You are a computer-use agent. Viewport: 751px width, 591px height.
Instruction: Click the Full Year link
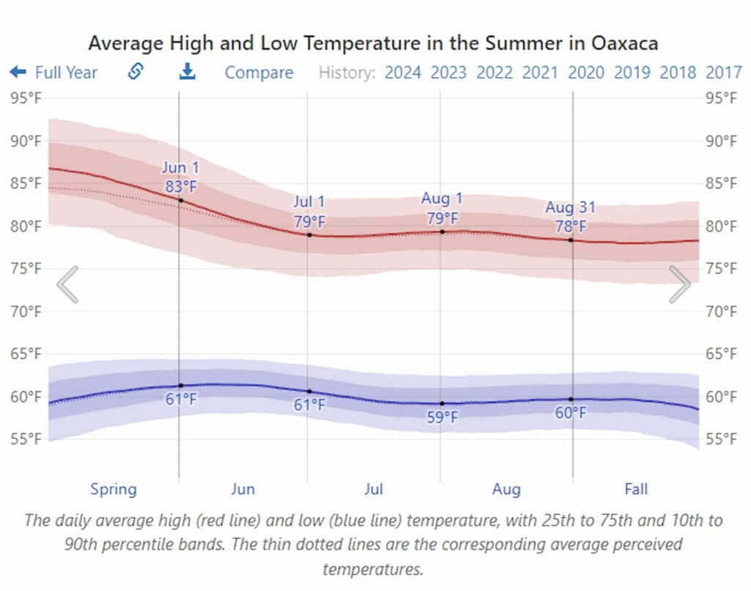coord(54,73)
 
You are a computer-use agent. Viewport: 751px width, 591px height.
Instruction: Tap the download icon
coord(188,72)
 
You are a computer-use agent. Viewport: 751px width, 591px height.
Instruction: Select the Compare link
coord(259,73)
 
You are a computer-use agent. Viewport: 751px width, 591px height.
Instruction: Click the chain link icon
coord(135,72)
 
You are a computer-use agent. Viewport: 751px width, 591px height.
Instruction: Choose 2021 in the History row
coord(540,73)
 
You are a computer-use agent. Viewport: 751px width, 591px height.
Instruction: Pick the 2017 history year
coord(723,73)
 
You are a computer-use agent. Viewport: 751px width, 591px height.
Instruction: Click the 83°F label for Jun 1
coord(180,186)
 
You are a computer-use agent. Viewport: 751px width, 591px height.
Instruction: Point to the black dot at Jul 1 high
coord(309,235)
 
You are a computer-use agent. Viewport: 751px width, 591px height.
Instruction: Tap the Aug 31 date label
coord(571,208)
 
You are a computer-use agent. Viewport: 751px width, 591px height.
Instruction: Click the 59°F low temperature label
coord(443,417)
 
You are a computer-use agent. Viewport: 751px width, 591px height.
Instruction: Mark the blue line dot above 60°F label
coord(571,399)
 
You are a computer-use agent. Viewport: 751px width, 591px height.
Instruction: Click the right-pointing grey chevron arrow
coord(680,285)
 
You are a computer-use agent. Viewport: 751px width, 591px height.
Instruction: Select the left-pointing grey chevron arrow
coord(67,285)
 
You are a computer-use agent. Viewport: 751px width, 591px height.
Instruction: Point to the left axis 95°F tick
coord(26,98)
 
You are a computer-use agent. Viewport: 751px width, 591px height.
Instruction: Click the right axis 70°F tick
coord(722,312)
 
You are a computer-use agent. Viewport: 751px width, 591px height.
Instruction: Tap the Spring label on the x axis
coord(114,489)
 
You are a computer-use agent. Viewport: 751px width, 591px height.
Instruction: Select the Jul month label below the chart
coord(374,489)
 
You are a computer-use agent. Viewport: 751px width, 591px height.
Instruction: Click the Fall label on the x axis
coord(636,489)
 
